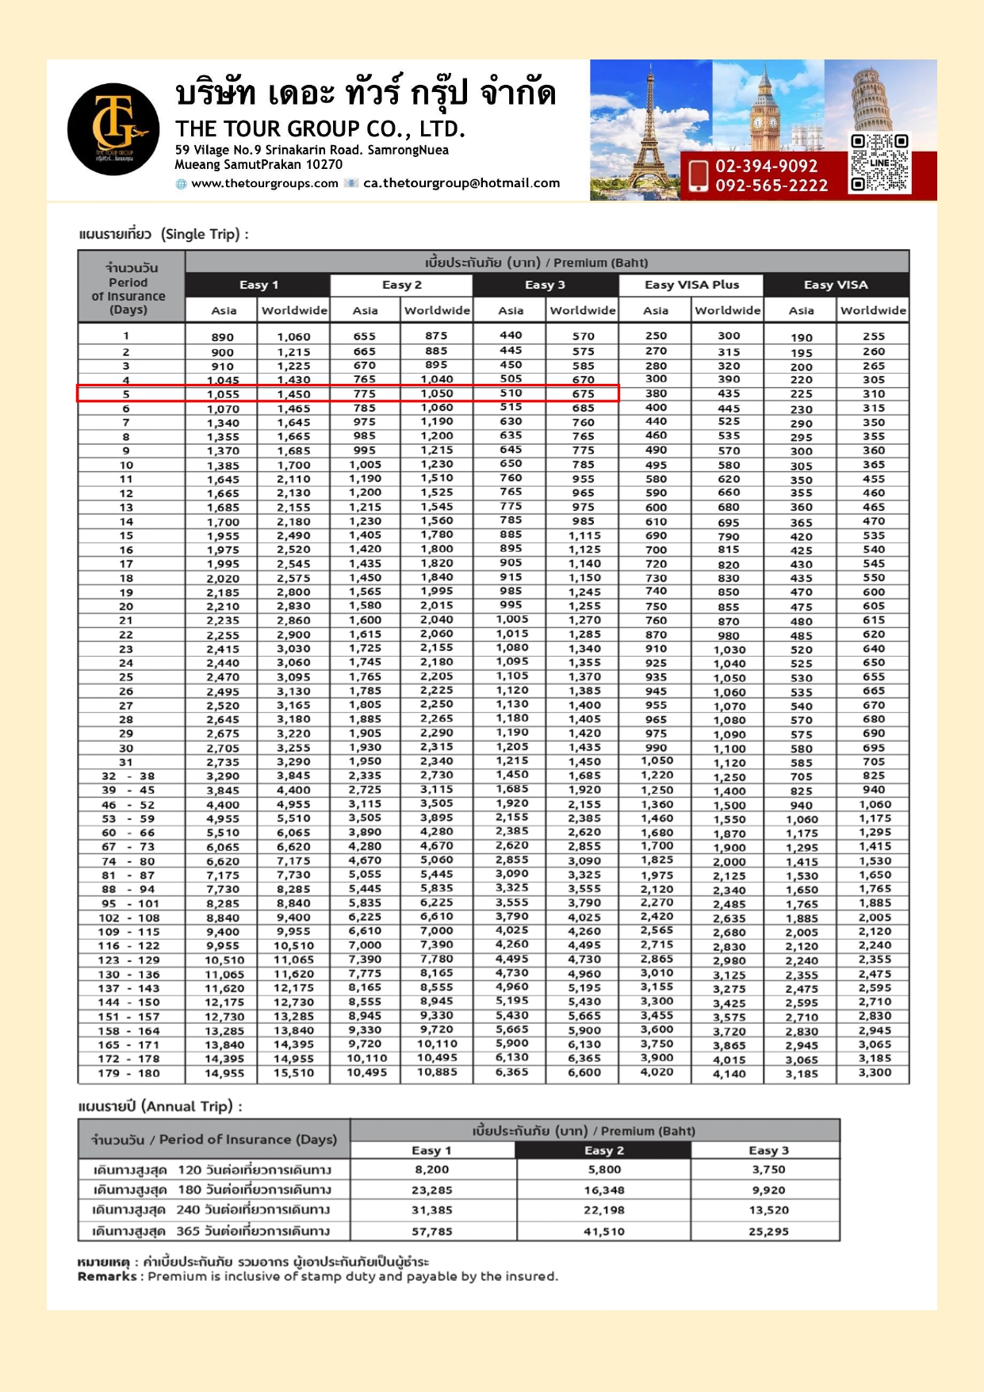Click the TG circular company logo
113,128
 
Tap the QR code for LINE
879,163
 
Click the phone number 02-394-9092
766,166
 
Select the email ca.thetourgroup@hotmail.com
461,183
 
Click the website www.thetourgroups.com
265,183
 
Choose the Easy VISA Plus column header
691,285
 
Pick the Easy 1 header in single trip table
258,285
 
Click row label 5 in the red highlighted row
126,394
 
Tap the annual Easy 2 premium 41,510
603,1231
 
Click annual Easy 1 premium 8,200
432,1169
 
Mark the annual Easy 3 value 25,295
768,1231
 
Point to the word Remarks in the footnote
107,1276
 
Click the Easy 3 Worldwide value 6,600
583,1072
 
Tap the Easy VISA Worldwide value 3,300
874,1072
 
